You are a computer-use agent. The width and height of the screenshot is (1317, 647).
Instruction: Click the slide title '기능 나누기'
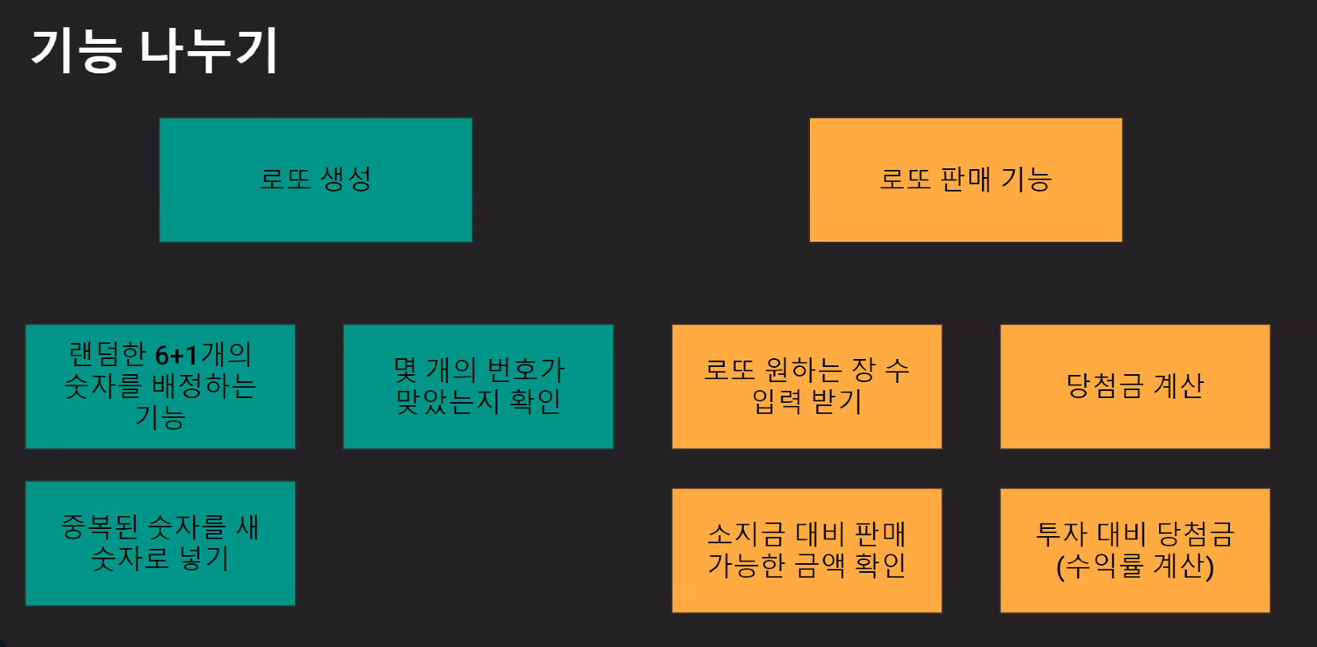[155, 51]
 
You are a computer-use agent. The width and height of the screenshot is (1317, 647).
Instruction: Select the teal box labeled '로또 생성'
[316, 180]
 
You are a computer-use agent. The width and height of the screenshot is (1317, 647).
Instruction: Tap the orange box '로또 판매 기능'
[965, 180]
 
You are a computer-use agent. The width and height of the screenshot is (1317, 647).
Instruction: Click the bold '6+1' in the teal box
[176, 354]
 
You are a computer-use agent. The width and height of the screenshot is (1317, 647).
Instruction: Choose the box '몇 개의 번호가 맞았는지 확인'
[478, 386]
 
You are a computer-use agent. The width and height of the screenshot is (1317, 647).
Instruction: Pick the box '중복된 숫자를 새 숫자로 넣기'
[160, 543]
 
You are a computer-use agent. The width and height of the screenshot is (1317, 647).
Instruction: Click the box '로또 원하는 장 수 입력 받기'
[807, 386]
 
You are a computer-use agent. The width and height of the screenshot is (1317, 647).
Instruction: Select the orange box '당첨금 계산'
[1135, 386]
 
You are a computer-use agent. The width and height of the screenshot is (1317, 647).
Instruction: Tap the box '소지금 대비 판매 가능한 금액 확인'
[807, 550]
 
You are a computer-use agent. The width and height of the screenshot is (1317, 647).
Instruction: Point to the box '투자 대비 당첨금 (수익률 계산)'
[1135, 550]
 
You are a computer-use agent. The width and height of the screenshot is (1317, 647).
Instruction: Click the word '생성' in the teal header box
[346, 179]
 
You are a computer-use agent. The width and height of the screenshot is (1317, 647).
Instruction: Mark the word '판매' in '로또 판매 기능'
[965, 179]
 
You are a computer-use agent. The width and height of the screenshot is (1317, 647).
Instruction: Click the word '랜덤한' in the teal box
[108, 354]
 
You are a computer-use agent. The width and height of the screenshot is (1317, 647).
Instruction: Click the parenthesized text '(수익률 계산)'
[1135, 566]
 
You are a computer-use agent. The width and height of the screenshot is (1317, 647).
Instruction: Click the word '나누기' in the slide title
[209, 51]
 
